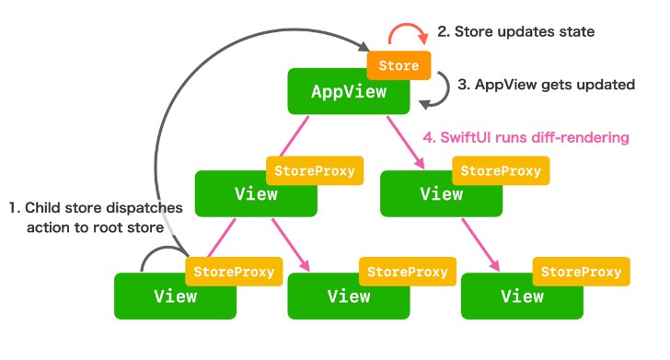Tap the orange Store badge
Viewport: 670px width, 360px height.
399,66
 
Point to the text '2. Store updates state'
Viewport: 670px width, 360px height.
515,32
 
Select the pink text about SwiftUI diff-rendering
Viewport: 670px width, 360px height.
526,137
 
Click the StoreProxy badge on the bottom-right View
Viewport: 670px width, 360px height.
580,273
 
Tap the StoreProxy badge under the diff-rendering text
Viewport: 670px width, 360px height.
502,171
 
